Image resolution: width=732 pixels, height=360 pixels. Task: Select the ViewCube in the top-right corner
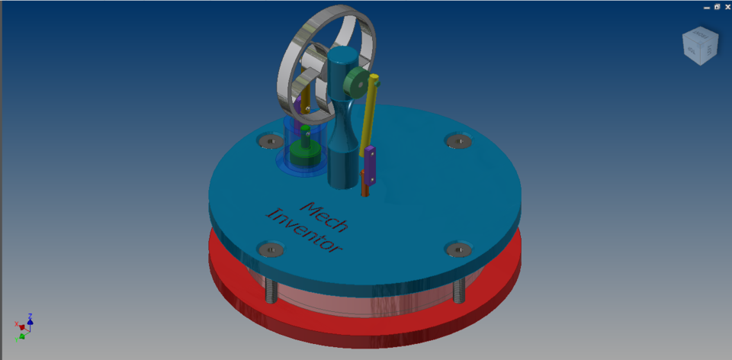tap(699, 46)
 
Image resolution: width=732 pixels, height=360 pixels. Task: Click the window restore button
tap(717, 7)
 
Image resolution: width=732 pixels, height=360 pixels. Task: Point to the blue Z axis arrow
tap(30, 317)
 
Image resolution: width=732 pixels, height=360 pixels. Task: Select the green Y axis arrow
tap(24, 334)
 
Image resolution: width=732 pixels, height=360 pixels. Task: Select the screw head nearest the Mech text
tap(271, 249)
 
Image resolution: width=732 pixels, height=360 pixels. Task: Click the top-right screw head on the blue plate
tap(457, 141)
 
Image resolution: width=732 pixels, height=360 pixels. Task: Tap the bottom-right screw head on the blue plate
tap(457, 249)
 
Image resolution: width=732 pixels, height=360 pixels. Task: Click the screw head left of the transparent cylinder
tap(270, 140)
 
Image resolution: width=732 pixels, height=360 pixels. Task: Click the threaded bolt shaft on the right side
tap(458, 291)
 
